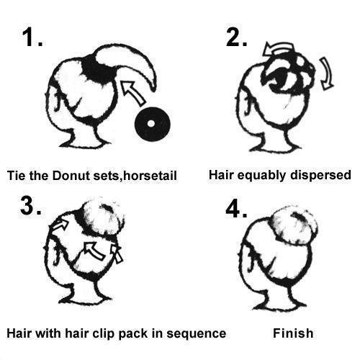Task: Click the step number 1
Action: click(x=32, y=37)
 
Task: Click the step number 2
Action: click(x=236, y=37)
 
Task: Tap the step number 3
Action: click(x=31, y=206)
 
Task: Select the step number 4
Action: click(x=236, y=209)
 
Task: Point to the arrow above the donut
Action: click(x=132, y=93)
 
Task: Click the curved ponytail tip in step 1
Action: click(x=153, y=88)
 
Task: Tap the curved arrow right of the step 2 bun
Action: click(x=328, y=73)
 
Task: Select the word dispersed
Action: click(x=320, y=176)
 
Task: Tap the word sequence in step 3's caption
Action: click(x=197, y=333)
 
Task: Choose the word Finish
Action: click(x=293, y=333)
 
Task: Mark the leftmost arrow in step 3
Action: click(x=60, y=225)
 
